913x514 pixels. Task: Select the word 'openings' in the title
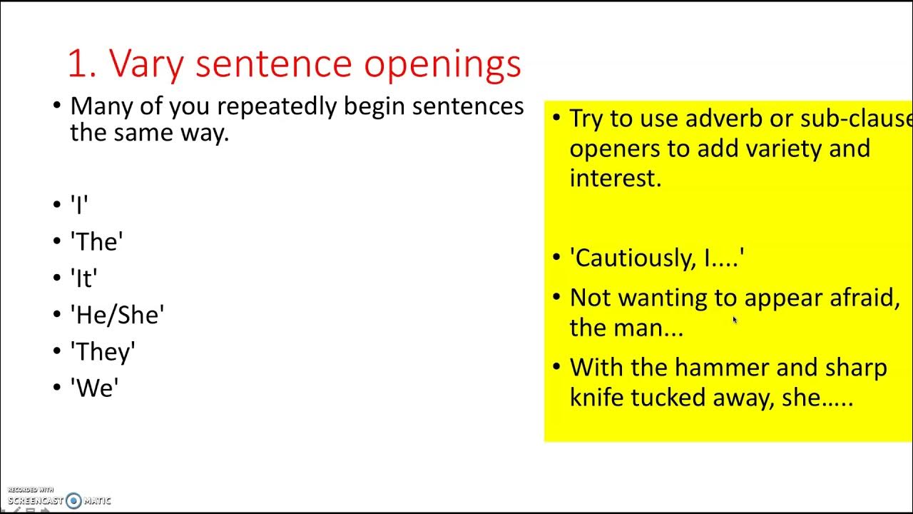(x=442, y=65)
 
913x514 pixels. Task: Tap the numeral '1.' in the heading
(x=84, y=64)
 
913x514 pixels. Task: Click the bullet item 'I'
(x=79, y=206)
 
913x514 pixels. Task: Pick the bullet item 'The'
(x=96, y=242)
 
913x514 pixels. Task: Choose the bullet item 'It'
(x=83, y=278)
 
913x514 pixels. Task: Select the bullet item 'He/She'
(x=117, y=315)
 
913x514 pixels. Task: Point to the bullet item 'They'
(x=103, y=352)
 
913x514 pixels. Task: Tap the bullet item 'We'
(x=94, y=388)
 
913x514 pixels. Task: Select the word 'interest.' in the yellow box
(x=616, y=178)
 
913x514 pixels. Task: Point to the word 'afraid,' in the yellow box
(x=864, y=298)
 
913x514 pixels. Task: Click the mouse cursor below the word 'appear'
(x=734, y=320)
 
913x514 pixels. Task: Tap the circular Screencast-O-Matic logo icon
(x=73, y=500)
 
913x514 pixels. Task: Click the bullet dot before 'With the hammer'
(x=556, y=368)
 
